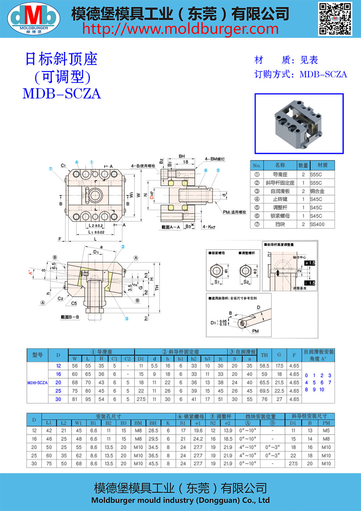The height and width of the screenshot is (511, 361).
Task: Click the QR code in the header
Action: point(335,19)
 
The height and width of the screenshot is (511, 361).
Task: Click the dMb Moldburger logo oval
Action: point(34,19)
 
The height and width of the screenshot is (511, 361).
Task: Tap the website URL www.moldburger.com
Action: point(181,29)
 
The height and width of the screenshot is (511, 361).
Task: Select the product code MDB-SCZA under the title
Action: point(61,94)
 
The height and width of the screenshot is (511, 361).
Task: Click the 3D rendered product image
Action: point(299,124)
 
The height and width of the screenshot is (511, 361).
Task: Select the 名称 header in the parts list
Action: point(280,166)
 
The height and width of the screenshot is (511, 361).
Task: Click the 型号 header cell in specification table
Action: point(37,355)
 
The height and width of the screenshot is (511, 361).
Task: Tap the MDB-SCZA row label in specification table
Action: point(37,382)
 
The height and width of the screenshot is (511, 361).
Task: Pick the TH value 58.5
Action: point(264,366)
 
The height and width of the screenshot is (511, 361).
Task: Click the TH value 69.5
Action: point(264,391)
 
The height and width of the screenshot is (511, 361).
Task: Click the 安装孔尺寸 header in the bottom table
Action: point(108,416)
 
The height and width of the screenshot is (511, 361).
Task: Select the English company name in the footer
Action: point(180,500)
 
